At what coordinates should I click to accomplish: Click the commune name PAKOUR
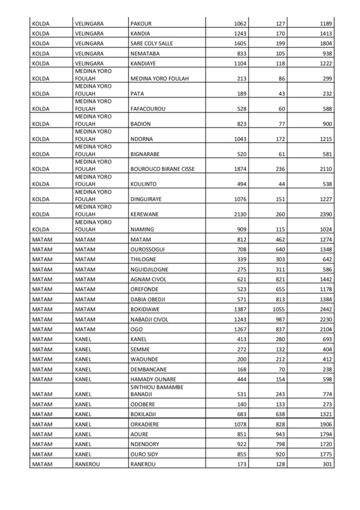point(141,23)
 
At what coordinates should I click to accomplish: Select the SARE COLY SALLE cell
point(152,44)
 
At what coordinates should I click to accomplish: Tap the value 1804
point(323,44)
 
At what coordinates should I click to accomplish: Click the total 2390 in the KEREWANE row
point(323,214)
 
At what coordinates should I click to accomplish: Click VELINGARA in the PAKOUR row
point(90,23)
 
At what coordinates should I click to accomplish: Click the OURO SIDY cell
point(144,454)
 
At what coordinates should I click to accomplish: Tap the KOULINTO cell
point(144,184)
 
